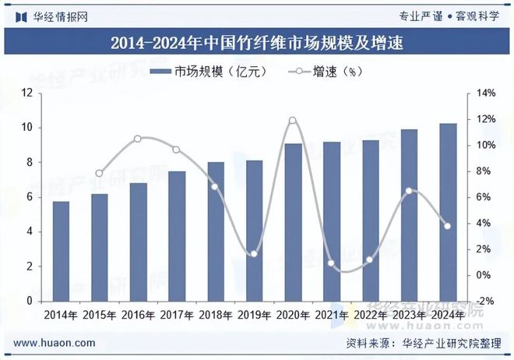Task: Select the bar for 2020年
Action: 293,222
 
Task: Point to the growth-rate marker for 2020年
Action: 293,120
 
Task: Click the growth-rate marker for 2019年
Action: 254,254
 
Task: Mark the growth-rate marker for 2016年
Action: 138,139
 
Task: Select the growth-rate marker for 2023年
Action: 409,191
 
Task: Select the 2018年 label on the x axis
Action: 216,315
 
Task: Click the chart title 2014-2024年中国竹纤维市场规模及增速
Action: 257,42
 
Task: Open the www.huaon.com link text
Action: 55,343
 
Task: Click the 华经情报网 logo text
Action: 59,16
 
